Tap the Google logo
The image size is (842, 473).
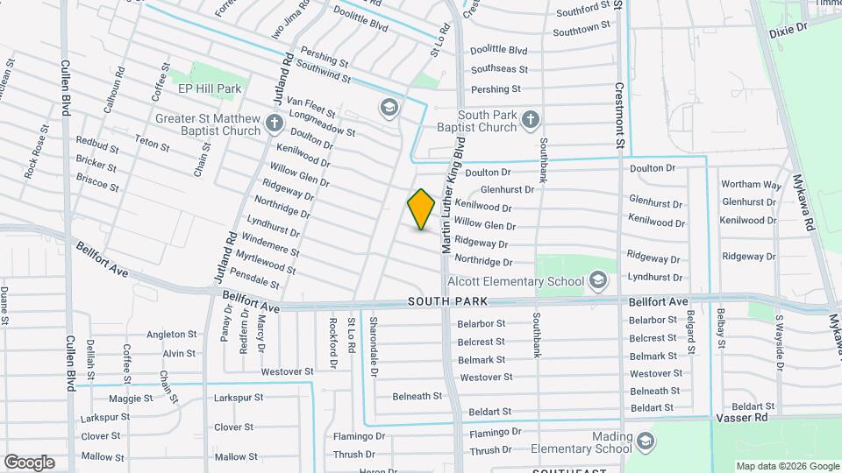pyautogui.click(x=29, y=462)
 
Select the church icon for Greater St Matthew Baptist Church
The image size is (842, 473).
pyautogui.click(x=274, y=122)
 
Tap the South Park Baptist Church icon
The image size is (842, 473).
pyautogui.click(x=530, y=119)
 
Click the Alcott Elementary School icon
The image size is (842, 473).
pyautogui.click(x=598, y=280)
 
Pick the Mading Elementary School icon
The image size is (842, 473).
pyautogui.click(x=646, y=439)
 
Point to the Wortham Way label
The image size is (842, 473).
pyautogui.click(x=751, y=185)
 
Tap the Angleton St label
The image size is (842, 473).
pyautogui.click(x=171, y=334)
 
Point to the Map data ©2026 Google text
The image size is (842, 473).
pyautogui.click(x=787, y=466)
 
